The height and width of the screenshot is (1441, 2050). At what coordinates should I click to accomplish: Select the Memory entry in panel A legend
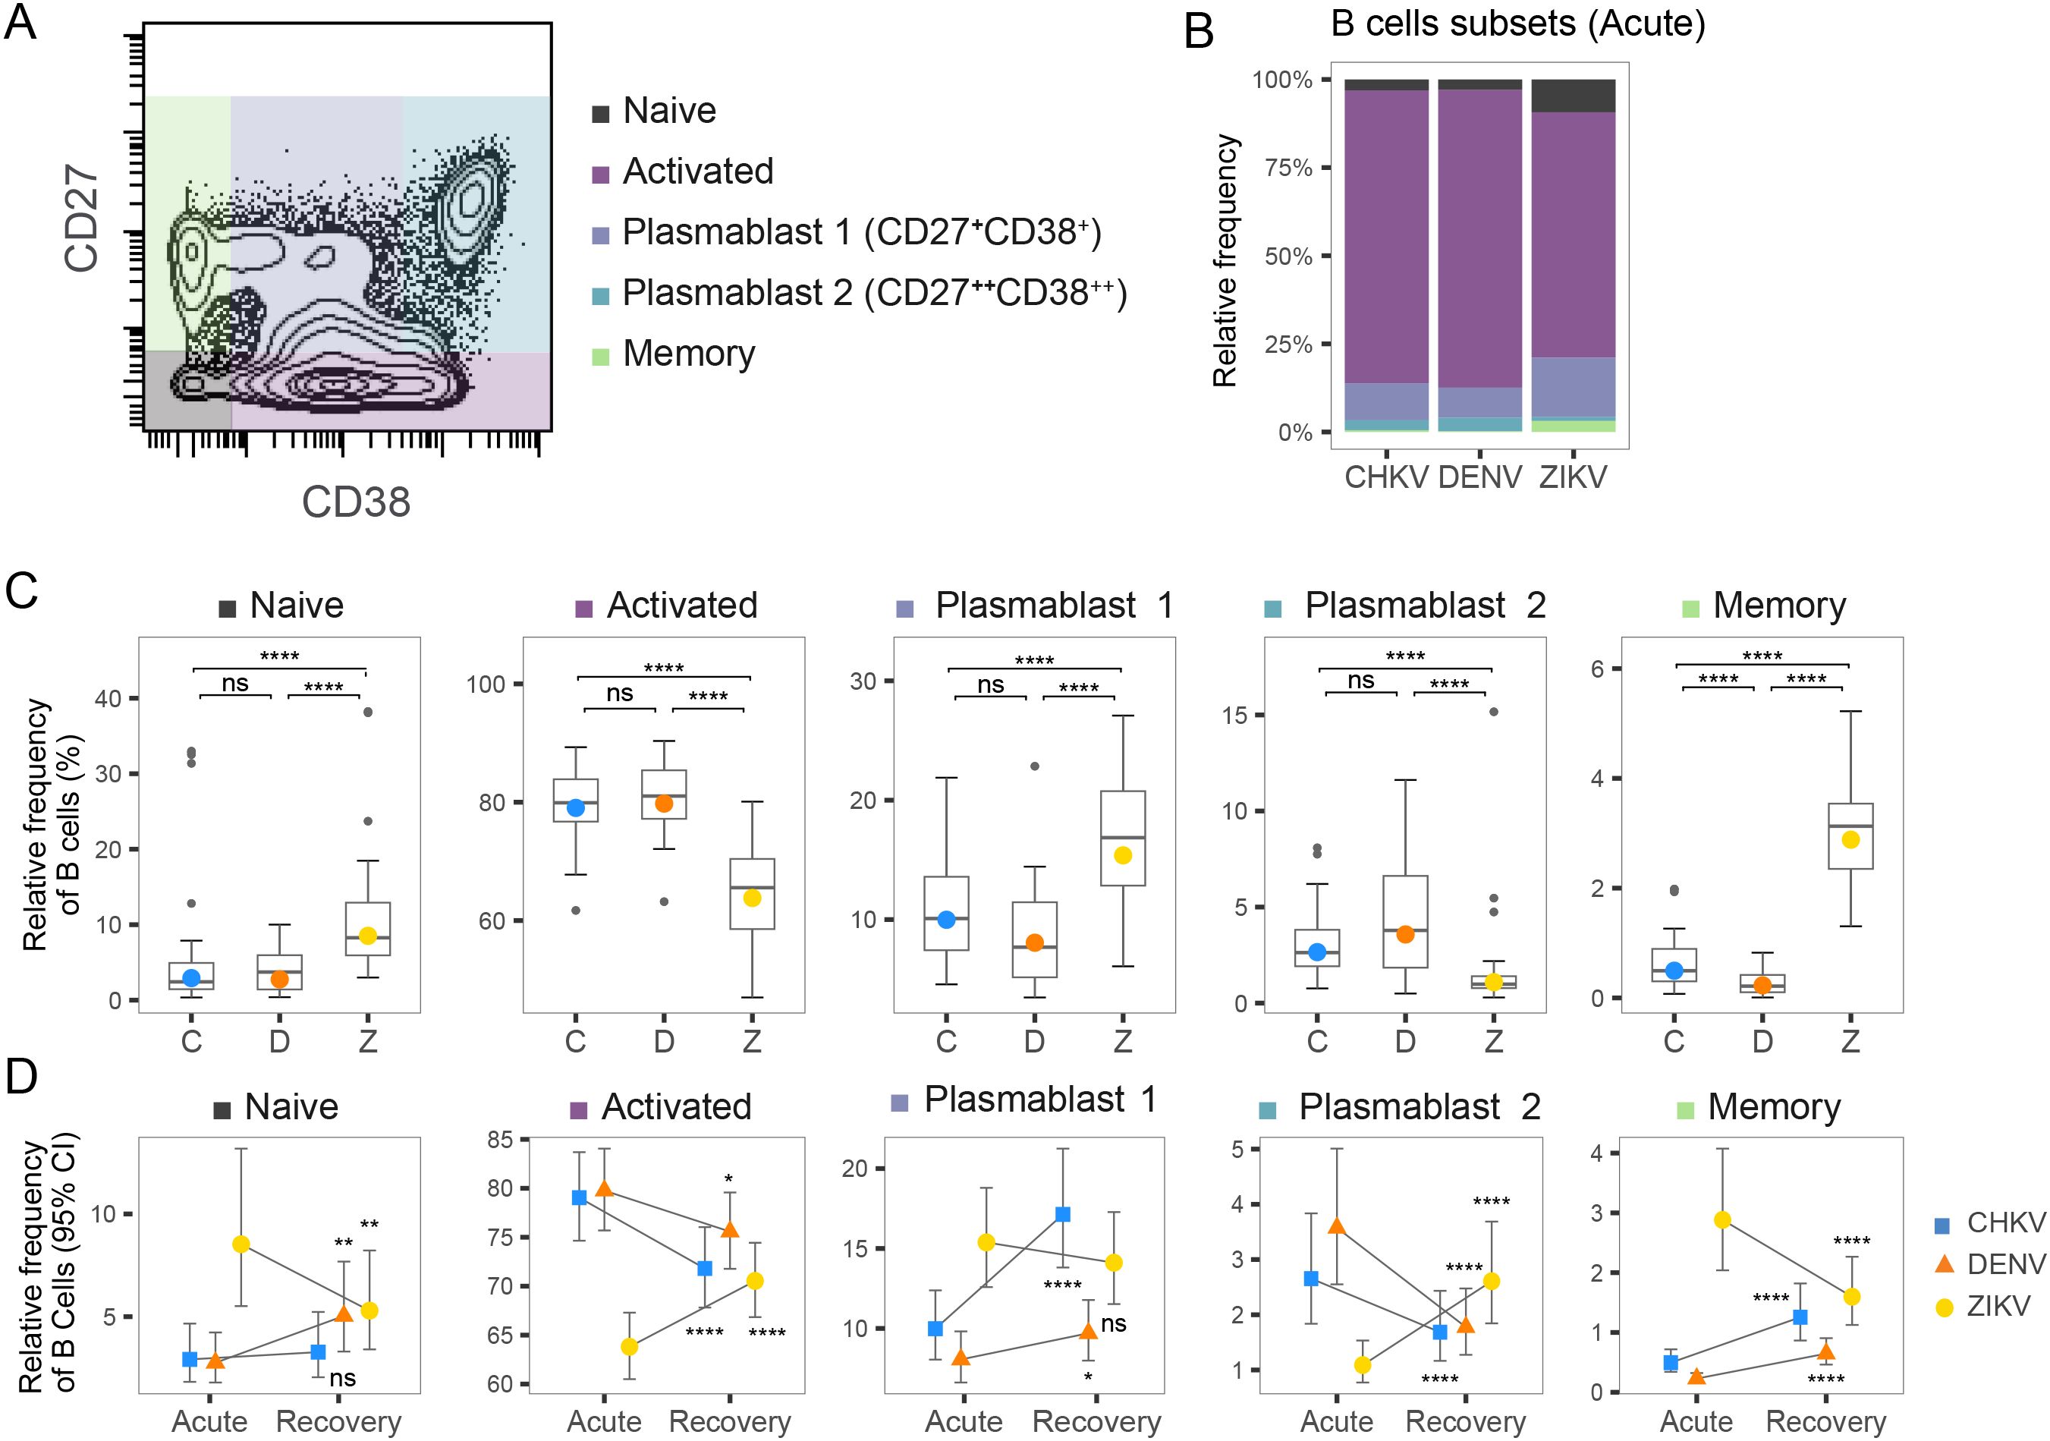coord(687,354)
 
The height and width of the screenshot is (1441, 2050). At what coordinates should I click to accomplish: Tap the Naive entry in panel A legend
coord(668,111)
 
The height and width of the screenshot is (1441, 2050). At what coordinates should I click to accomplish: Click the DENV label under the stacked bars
coord(1479,477)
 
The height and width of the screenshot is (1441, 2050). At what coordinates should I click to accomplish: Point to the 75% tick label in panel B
coord(1288,168)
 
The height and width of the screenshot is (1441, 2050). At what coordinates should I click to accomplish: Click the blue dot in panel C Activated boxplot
coord(576,808)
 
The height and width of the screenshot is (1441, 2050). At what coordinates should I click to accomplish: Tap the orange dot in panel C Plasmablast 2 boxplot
coord(1405,935)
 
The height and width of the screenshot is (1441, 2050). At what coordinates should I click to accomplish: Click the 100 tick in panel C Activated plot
coord(486,684)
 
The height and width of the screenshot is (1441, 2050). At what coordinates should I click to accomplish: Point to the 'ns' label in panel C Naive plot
coord(235,683)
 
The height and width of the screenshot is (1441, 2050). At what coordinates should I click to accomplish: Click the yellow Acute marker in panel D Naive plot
coord(241,1244)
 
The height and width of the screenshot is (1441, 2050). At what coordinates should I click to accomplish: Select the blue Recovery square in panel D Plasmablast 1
coord(1062,1214)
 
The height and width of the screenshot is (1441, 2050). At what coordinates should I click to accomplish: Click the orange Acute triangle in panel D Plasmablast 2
coord(1337,1225)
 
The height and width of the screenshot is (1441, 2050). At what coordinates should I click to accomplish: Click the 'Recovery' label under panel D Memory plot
coord(1826,1421)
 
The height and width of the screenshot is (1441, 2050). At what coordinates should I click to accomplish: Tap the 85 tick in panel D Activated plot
coord(500,1139)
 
